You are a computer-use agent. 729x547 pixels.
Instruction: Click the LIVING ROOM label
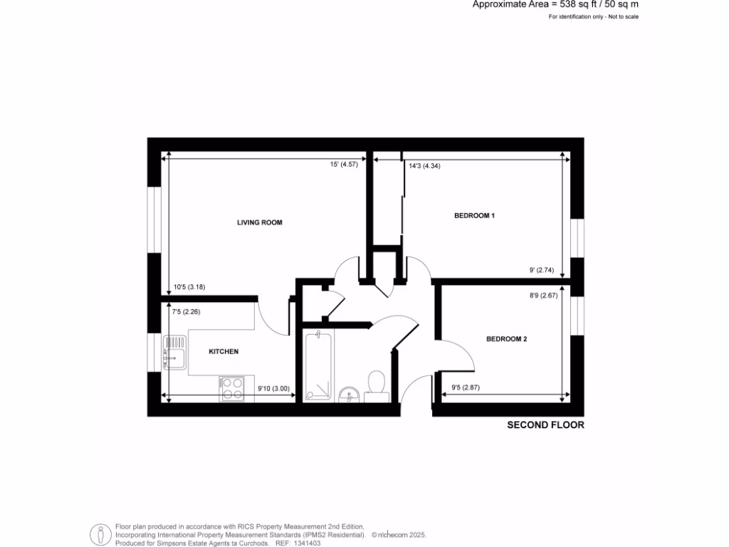pos(260,222)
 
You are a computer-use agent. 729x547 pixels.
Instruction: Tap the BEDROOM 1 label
pos(474,215)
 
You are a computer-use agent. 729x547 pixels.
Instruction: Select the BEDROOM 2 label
pos(506,339)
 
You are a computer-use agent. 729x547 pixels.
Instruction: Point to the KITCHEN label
pos(224,352)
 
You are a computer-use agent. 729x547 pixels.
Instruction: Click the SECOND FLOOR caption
pos(545,425)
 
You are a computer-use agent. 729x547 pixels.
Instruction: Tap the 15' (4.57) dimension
pos(343,165)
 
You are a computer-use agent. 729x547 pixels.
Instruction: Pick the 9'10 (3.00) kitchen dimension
pos(273,388)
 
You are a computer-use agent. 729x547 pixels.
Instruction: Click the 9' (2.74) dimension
pos(542,270)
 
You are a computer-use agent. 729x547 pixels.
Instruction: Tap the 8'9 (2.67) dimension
pos(542,295)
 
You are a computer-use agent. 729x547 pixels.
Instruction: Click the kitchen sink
pos(174,353)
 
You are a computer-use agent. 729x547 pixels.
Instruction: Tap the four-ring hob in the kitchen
pos(232,387)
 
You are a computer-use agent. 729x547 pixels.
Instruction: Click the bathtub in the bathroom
pos(318,365)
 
